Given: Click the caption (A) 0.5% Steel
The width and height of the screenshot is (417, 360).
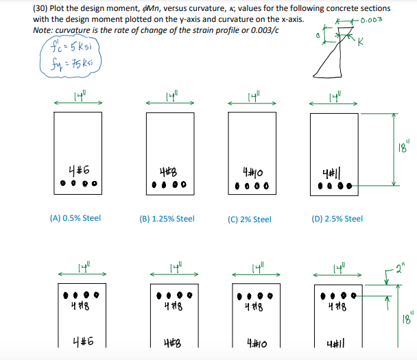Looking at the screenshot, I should coord(75,218).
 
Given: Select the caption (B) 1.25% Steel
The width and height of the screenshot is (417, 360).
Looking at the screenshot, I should coord(167,219).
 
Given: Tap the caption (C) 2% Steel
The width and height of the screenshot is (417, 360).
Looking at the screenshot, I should coord(249,219).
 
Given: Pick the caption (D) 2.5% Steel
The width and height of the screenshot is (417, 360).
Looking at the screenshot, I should coord(337,219).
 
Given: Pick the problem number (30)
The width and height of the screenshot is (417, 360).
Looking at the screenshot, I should coord(42,8).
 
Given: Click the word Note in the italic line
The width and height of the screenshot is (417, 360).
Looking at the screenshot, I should coord(43,30).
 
